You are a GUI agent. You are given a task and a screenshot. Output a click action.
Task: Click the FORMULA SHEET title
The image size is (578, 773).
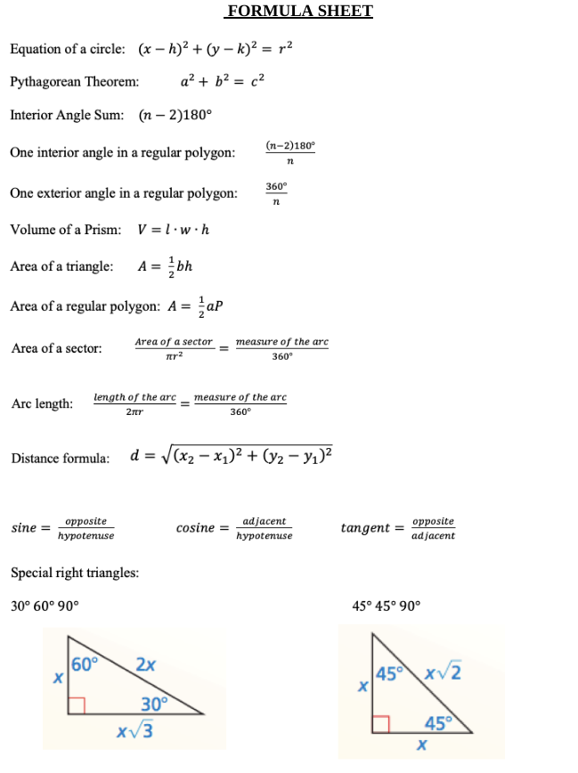[299, 12]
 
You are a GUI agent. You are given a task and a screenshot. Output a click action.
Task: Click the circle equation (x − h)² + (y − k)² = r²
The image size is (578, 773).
[215, 49]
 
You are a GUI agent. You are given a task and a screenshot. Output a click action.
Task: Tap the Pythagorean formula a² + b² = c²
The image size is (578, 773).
[222, 82]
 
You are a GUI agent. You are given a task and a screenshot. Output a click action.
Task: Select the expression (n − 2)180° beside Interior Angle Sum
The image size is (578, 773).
[175, 115]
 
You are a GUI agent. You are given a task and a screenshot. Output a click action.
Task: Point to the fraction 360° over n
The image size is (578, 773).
[276, 194]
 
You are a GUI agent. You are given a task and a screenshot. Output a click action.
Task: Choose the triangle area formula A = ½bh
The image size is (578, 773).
[166, 266]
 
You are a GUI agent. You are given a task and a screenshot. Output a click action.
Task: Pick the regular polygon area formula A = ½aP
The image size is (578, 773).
[196, 306]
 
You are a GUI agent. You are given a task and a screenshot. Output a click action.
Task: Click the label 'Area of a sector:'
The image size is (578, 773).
[56, 348]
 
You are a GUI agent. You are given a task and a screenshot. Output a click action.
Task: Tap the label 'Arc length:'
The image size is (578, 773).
[42, 403]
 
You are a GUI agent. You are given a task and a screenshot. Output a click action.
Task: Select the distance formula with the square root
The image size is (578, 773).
[232, 457]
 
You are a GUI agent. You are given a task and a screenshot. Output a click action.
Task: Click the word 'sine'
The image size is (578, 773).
[23, 528]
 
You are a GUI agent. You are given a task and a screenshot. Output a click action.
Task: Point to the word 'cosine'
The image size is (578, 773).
[195, 528]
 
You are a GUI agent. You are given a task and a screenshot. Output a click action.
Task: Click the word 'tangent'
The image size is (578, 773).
[365, 528]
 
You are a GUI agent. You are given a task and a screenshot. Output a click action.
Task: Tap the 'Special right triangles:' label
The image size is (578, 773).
[75, 573]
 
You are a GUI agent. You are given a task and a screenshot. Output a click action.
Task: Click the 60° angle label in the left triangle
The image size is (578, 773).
[85, 663]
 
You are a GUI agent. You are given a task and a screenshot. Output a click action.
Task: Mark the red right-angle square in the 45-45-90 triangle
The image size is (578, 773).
[381, 723]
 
